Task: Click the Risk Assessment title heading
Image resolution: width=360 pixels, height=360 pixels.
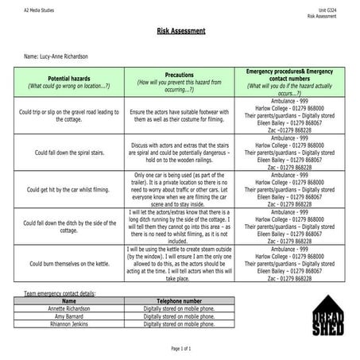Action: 180,32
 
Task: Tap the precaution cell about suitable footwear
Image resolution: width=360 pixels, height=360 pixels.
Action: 179,116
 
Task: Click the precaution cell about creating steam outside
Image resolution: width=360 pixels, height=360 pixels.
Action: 179,263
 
